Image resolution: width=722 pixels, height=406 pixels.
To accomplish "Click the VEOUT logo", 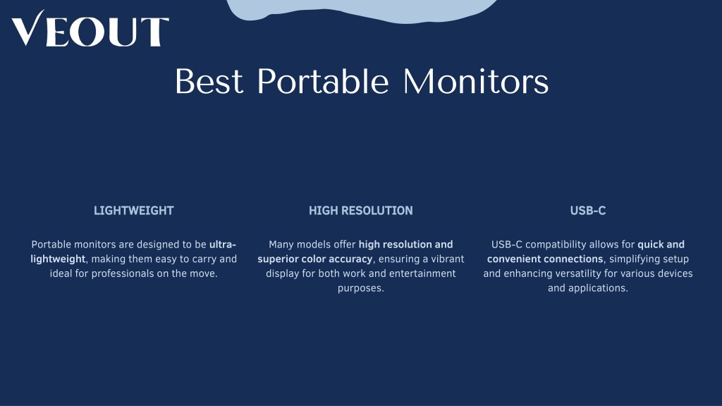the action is click(90, 28).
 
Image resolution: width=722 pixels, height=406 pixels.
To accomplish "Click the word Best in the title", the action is click(209, 82).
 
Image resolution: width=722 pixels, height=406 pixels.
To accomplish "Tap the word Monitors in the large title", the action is click(476, 82).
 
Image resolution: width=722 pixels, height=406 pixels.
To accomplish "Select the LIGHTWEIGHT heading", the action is click(133, 211).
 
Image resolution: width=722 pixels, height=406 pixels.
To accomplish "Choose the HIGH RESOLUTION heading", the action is click(360, 211).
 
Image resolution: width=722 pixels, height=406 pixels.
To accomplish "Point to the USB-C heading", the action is click(588, 211).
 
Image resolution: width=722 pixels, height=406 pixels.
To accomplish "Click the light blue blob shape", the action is click(362, 10).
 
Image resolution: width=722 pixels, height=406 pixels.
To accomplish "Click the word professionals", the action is click(130, 274).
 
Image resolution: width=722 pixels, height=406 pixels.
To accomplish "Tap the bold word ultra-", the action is click(222, 245).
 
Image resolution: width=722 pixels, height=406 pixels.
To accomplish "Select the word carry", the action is click(204, 259).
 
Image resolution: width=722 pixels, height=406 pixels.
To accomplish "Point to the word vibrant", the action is click(447, 259).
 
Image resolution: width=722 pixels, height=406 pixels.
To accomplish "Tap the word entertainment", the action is click(422, 274).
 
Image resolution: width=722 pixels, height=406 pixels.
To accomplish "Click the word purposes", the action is click(360, 288).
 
